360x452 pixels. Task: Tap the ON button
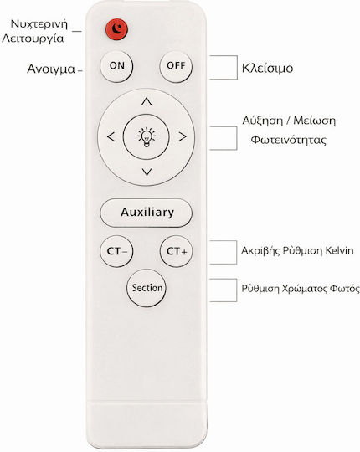point(116,66)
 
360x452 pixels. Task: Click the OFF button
point(176,66)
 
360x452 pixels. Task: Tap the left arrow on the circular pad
point(111,136)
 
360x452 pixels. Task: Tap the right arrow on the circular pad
point(183,136)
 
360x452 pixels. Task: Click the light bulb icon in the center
point(147,137)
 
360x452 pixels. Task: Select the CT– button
point(116,251)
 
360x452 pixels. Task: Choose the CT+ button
point(177,251)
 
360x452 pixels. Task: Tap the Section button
point(147,288)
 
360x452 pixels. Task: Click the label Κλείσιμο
point(267,69)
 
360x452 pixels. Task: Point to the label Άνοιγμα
point(51,69)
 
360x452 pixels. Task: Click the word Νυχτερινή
point(39,24)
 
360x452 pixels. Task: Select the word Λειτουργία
point(33,39)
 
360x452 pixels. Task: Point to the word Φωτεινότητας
point(289,140)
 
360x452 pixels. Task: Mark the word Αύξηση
point(263,121)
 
